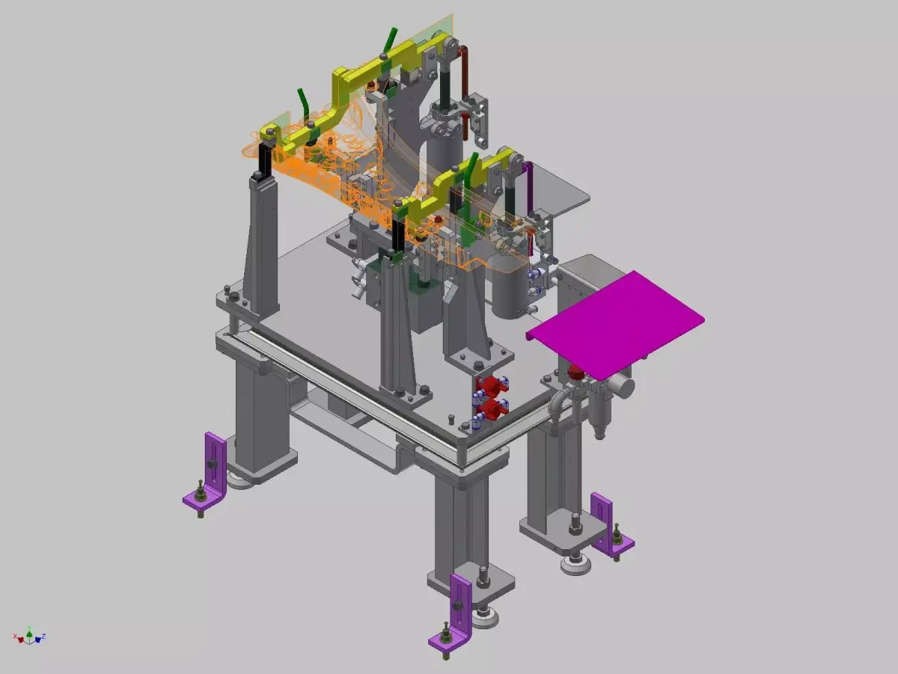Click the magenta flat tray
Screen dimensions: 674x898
pos(615,323)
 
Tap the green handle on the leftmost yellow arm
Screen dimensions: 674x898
pos(302,100)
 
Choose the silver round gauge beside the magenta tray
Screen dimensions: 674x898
pos(621,387)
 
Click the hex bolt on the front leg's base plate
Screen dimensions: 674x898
pos(483,575)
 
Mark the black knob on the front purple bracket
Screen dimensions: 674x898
pos(454,604)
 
